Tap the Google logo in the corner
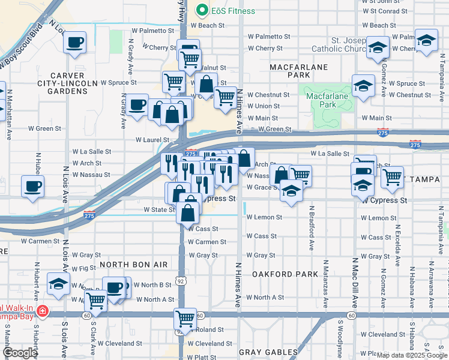[20, 353]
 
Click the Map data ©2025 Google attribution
[411, 355]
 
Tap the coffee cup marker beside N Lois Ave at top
[74, 43]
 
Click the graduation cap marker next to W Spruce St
[363, 86]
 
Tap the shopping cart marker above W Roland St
[185, 318]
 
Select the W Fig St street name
[83, 268]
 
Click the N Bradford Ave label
[312, 229]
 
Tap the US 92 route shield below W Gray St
[180, 279]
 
